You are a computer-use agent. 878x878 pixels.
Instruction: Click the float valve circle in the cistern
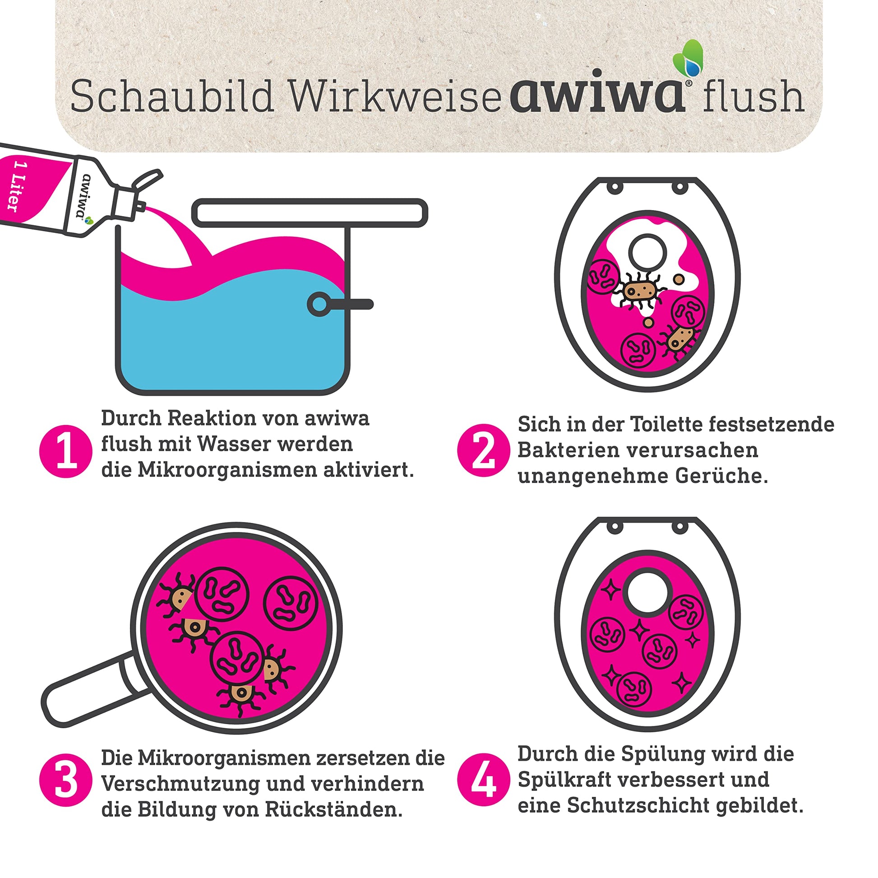point(319,304)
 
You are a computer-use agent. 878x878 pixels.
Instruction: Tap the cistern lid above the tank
point(310,213)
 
